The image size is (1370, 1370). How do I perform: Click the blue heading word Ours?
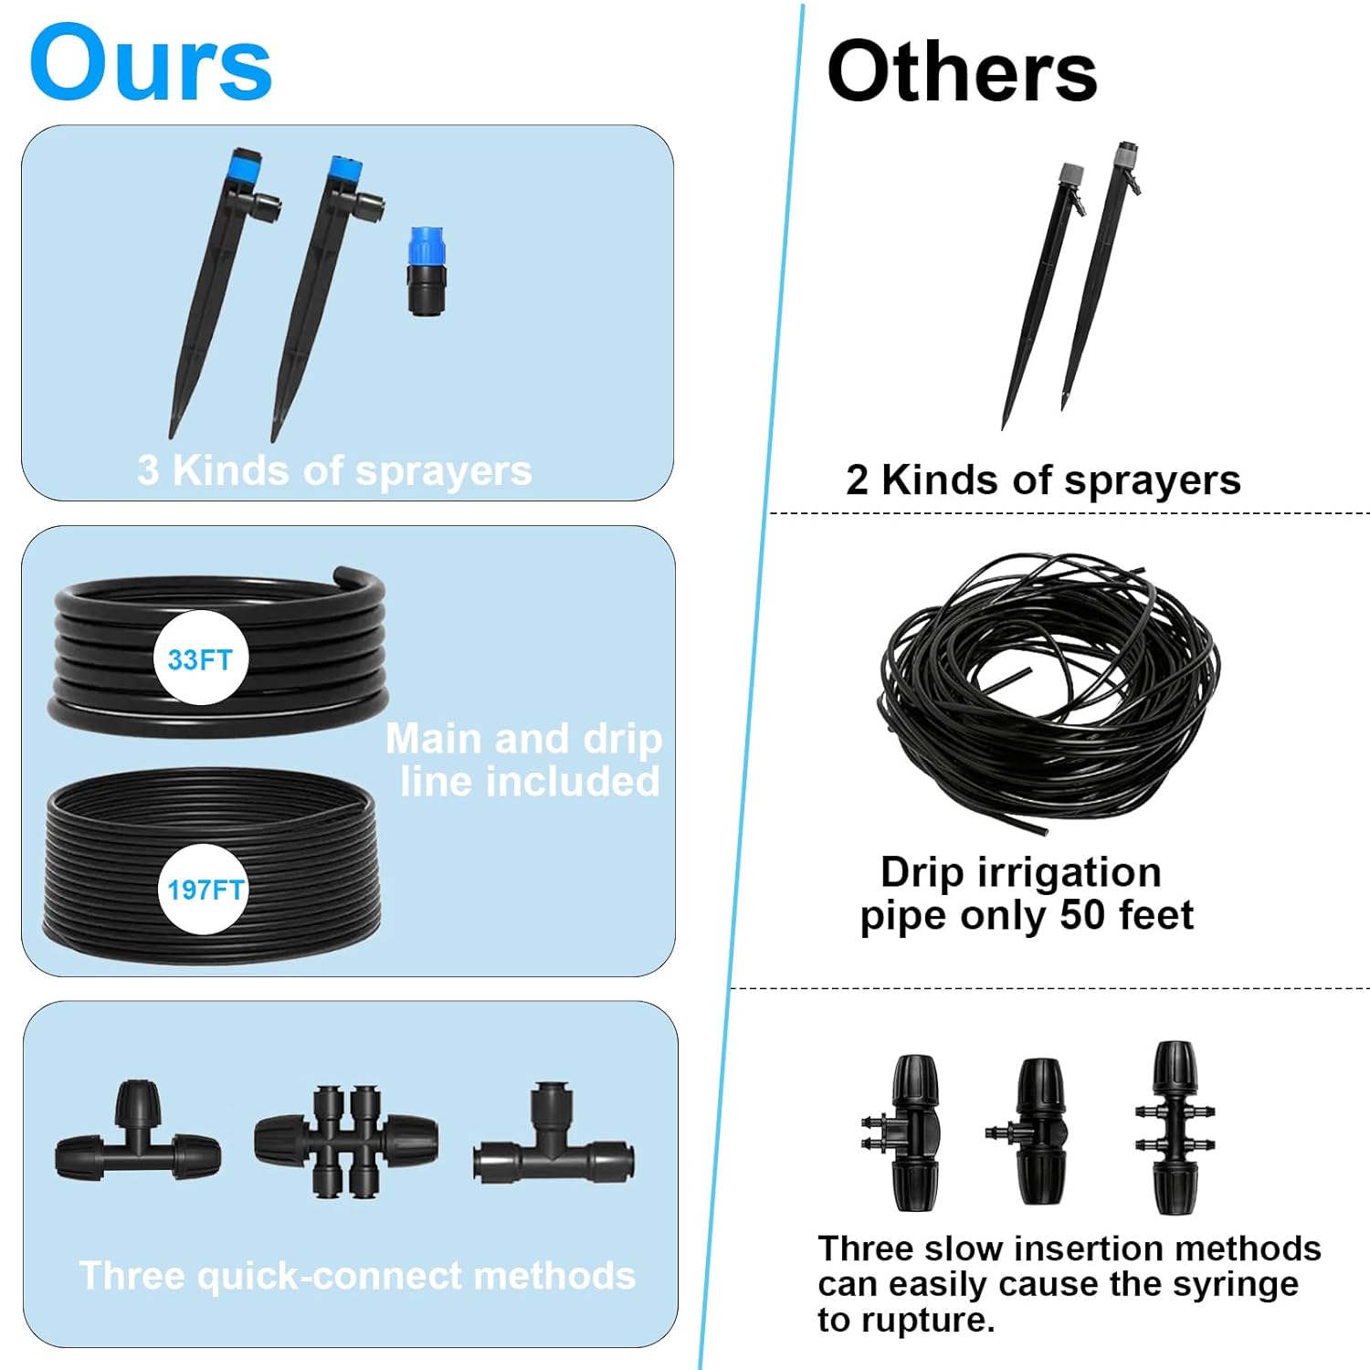point(151,64)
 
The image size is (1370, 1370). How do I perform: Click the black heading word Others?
point(962,73)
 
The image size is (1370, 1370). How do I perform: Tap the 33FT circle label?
point(200,659)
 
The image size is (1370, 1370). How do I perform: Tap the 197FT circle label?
point(205,889)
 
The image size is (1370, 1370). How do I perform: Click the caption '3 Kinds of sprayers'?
point(334,471)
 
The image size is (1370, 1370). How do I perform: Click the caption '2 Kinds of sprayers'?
point(1043,480)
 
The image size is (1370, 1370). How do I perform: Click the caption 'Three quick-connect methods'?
point(357,1276)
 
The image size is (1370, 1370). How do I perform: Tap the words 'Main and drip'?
point(523,739)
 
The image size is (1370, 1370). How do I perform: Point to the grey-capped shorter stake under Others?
point(1042,292)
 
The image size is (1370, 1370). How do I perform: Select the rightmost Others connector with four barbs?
point(1175,1128)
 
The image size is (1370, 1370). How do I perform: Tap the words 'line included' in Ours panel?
point(530,782)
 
